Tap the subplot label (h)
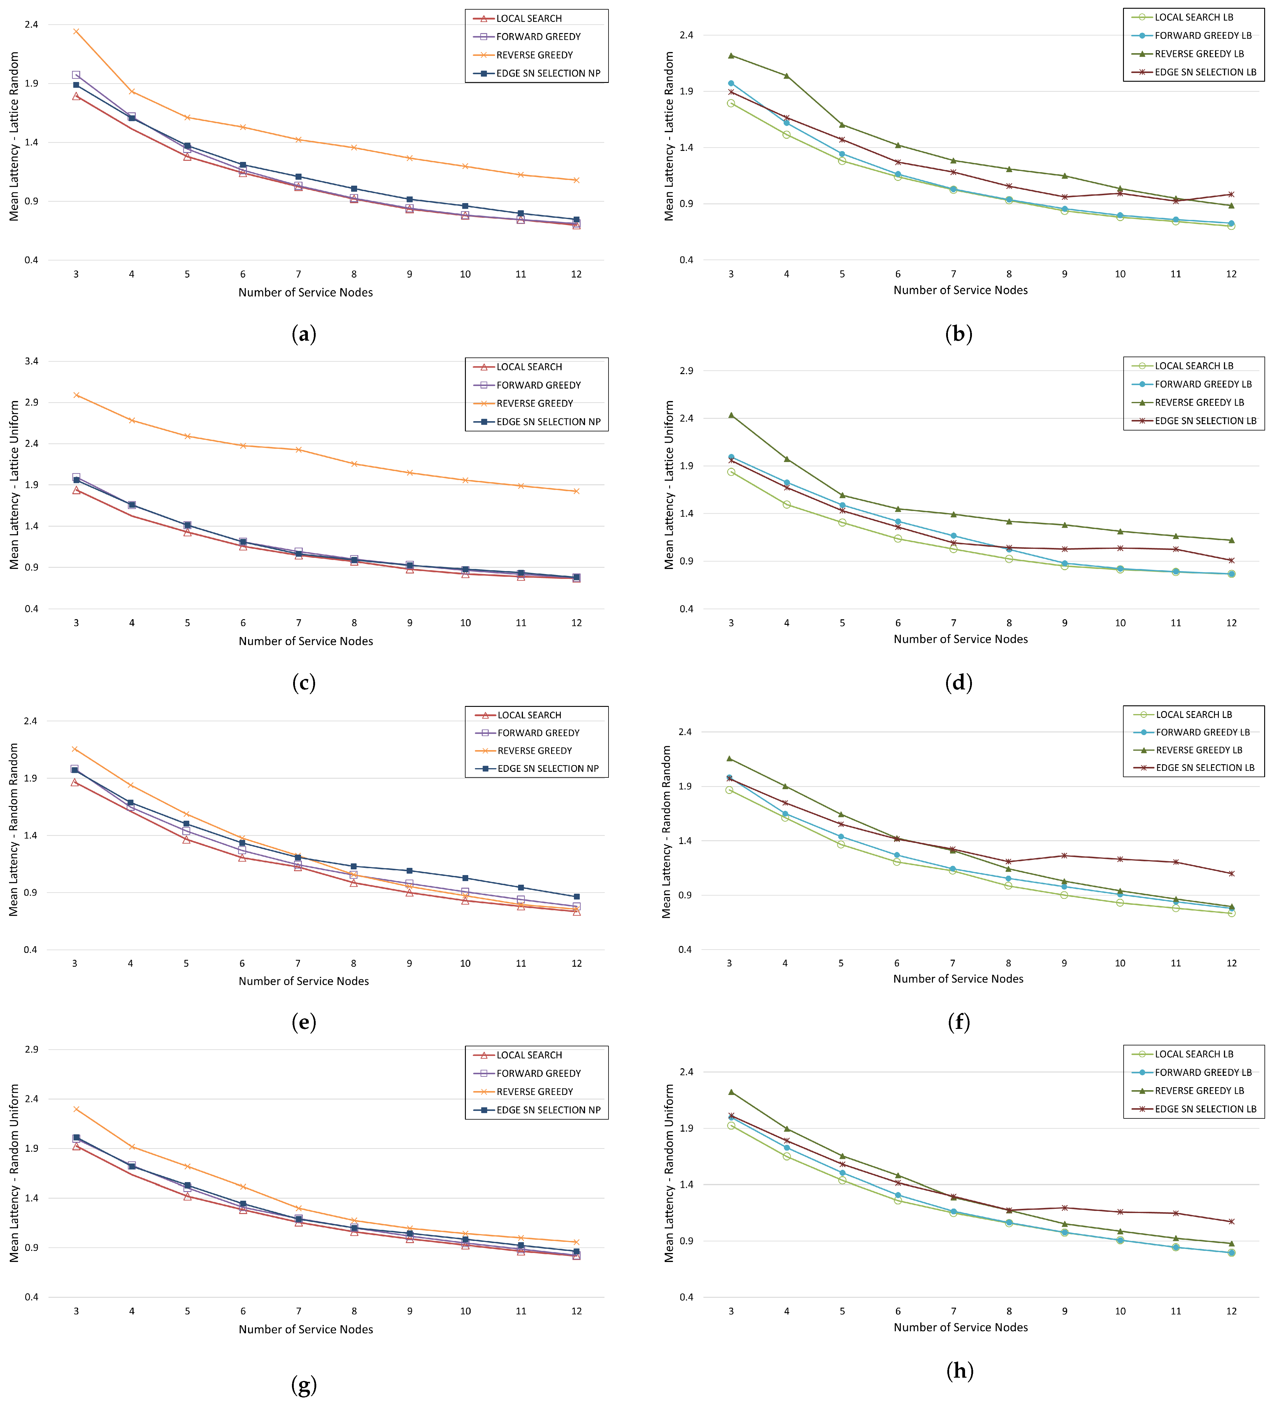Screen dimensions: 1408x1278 [960, 1371]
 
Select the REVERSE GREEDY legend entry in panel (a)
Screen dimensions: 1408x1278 [534, 55]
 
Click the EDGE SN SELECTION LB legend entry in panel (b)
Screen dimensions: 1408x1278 [1205, 72]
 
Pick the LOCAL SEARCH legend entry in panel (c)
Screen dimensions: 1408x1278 [529, 367]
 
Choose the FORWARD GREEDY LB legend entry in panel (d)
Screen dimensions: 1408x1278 [1203, 384]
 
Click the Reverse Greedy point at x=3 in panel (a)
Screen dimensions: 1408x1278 [76, 32]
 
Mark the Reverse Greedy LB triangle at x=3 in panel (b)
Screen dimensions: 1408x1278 [731, 55]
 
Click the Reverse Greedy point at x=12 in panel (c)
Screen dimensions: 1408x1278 [576, 491]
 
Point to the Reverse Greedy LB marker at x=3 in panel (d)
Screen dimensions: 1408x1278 [731, 415]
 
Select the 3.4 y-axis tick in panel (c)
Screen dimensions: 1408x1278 [32, 361]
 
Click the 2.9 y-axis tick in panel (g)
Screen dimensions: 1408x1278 [32, 1049]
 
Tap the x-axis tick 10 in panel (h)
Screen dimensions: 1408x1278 [1120, 1311]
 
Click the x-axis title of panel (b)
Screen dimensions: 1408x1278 [960, 290]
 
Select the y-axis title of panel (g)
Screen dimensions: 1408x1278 [14, 1173]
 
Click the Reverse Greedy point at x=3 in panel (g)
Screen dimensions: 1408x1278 [76, 1109]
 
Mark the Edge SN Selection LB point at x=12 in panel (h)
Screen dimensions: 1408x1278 [1231, 1221]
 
